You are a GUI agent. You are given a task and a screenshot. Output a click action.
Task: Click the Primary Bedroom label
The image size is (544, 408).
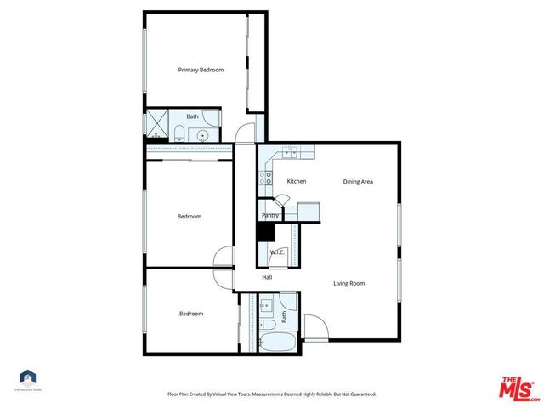[x=201, y=70]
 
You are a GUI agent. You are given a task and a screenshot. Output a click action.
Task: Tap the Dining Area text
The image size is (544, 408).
[x=358, y=181]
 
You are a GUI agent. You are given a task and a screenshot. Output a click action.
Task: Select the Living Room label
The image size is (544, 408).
[x=348, y=283]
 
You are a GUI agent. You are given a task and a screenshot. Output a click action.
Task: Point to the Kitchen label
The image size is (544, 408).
[x=296, y=181]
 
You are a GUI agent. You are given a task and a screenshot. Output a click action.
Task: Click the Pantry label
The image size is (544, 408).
[x=270, y=215]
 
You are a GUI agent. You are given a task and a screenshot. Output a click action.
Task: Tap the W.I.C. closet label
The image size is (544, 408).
[x=277, y=252]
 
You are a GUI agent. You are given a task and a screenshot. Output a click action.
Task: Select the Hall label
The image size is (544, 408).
[x=267, y=277]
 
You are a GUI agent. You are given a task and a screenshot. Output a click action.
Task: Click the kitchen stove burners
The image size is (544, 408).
[x=268, y=178]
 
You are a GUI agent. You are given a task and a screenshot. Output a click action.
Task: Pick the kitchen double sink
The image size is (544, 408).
[x=292, y=153]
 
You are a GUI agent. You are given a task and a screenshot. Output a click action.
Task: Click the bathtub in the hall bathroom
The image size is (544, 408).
[x=277, y=344]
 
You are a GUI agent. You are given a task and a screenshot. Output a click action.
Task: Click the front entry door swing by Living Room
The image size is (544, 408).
[x=314, y=327]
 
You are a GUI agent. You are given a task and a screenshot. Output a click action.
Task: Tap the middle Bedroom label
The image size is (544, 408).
[x=189, y=216]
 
